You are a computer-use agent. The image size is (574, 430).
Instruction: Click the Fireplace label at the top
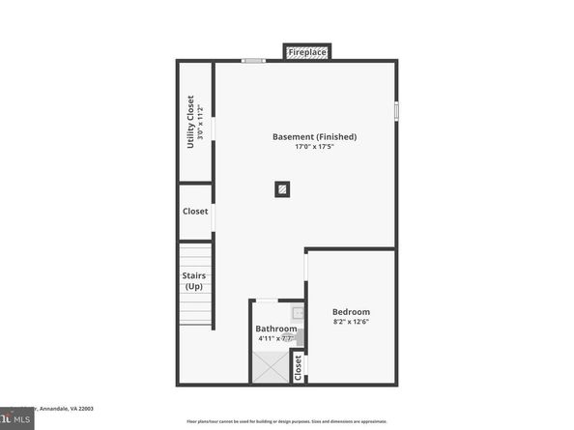coord(306,51)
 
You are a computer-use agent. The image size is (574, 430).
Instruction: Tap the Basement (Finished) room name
coord(314,137)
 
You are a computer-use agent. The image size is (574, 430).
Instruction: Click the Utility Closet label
coord(190,121)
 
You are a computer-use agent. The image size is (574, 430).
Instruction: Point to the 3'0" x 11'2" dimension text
coord(201,122)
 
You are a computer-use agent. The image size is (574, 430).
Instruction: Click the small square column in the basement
coord(282,189)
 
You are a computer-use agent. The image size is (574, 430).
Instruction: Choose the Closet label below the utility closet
coord(195,212)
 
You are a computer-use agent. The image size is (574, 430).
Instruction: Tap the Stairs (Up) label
coord(194,280)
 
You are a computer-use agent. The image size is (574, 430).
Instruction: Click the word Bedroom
coord(351,311)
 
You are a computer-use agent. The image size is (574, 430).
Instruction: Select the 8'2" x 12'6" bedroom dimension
coord(351,322)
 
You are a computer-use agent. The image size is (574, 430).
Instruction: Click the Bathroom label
coord(276,329)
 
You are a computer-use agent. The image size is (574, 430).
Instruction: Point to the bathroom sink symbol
coord(299,312)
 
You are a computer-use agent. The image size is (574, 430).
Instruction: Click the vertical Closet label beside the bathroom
coord(298,365)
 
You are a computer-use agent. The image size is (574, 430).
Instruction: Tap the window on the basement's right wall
coord(396,111)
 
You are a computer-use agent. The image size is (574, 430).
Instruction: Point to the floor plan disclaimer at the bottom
coord(286,422)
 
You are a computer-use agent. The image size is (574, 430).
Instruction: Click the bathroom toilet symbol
coord(299,337)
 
